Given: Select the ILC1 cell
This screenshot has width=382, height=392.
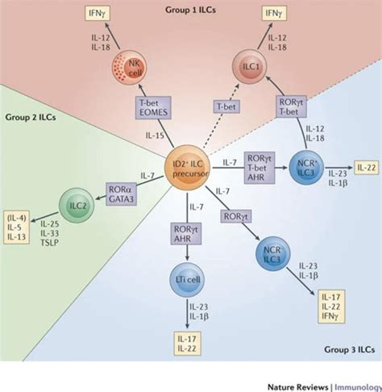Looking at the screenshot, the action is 250,67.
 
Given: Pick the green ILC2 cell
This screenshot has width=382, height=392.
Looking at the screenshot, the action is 77,205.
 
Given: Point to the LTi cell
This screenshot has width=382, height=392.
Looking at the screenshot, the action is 187,280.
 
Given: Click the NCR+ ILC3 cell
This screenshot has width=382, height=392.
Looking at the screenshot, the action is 306,167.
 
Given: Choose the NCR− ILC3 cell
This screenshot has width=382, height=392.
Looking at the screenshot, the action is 272,254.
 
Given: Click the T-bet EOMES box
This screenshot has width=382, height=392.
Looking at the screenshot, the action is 153,107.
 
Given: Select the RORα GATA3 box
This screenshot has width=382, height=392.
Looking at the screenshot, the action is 121,194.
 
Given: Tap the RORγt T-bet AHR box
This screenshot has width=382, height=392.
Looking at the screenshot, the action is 260,168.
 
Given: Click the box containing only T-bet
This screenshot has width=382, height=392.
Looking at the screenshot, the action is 226,106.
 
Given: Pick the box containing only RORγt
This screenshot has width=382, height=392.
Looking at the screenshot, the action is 236,216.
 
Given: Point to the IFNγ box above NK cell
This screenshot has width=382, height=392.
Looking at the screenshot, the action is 97,14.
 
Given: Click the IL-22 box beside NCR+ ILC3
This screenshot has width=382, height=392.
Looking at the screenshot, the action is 367,168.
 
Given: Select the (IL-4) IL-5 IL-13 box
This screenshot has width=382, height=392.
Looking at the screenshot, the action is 16,227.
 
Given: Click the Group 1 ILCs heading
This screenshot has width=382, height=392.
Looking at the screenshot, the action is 190,10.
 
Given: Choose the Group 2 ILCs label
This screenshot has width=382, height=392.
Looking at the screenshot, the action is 31,118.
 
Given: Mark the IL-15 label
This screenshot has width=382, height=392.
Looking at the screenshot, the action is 155,136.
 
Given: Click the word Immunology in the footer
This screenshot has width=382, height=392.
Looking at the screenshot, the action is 358,387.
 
